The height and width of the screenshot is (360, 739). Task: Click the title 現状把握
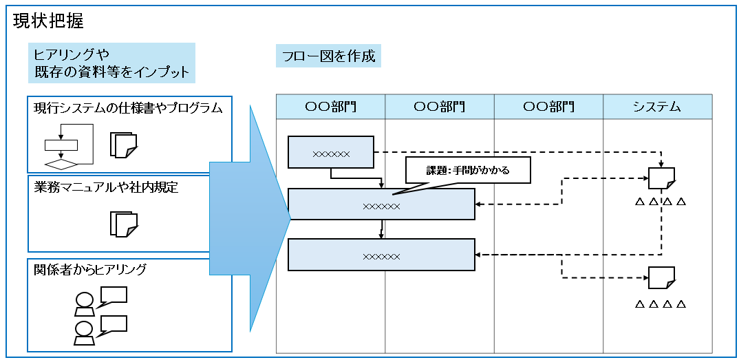[x=48, y=21]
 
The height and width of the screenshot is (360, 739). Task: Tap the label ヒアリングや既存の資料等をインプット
[x=111, y=63]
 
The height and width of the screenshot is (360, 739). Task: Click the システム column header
[x=657, y=107]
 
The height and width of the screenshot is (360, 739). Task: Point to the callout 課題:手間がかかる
[x=468, y=170]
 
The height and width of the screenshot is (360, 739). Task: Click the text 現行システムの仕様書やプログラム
[x=129, y=108]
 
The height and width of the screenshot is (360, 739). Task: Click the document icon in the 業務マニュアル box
[x=125, y=224]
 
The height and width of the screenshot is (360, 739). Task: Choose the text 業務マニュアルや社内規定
[x=106, y=187]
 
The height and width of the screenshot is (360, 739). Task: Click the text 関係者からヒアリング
[x=90, y=269]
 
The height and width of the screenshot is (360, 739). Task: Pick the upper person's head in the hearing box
[x=84, y=300]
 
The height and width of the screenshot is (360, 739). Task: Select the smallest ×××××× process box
[x=331, y=153]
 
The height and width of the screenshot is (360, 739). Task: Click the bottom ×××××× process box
[x=381, y=255]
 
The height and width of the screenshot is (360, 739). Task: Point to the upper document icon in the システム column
[x=661, y=178]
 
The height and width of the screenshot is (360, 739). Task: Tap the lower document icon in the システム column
[x=661, y=277]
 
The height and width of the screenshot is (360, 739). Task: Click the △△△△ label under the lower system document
[x=661, y=304]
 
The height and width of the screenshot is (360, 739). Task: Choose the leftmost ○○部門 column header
[x=331, y=107]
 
